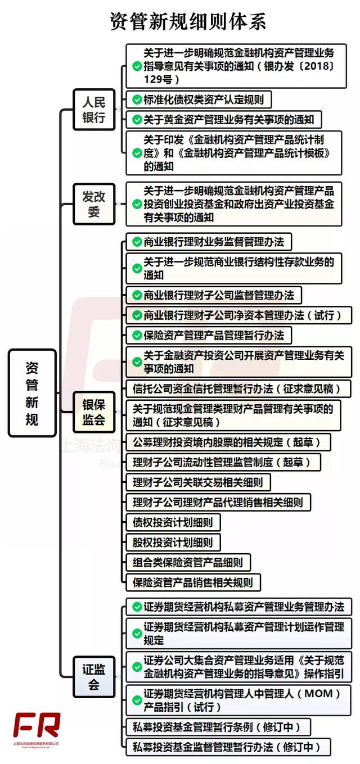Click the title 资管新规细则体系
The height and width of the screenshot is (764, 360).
point(188,21)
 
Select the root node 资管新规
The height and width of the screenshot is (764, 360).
point(32,393)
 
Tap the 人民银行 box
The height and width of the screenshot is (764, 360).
point(94,110)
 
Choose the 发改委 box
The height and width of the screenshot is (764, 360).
point(94,204)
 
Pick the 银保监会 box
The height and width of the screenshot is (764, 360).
point(94,412)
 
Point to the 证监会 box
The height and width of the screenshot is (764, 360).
point(94,677)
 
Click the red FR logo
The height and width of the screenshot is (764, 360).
point(37,725)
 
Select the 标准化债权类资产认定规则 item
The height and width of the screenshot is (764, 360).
point(199,100)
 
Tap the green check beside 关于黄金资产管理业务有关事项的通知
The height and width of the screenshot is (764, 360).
point(137,120)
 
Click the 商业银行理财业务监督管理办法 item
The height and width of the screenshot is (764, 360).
point(209,242)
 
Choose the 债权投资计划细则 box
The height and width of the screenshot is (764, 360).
point(173,522)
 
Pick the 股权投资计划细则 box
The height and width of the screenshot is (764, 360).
point(173,543)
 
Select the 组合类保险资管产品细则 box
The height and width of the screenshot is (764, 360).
point(188,563)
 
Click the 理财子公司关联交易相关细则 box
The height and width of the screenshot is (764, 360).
point(198,482)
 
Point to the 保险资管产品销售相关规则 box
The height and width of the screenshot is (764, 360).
point(193,583)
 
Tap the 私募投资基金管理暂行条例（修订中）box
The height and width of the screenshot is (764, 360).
point(218,727)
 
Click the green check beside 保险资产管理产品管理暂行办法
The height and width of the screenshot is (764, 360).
point(137,336)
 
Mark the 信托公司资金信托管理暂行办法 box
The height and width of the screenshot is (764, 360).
point(238,389)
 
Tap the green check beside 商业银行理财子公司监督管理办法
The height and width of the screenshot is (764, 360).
point(137,295)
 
